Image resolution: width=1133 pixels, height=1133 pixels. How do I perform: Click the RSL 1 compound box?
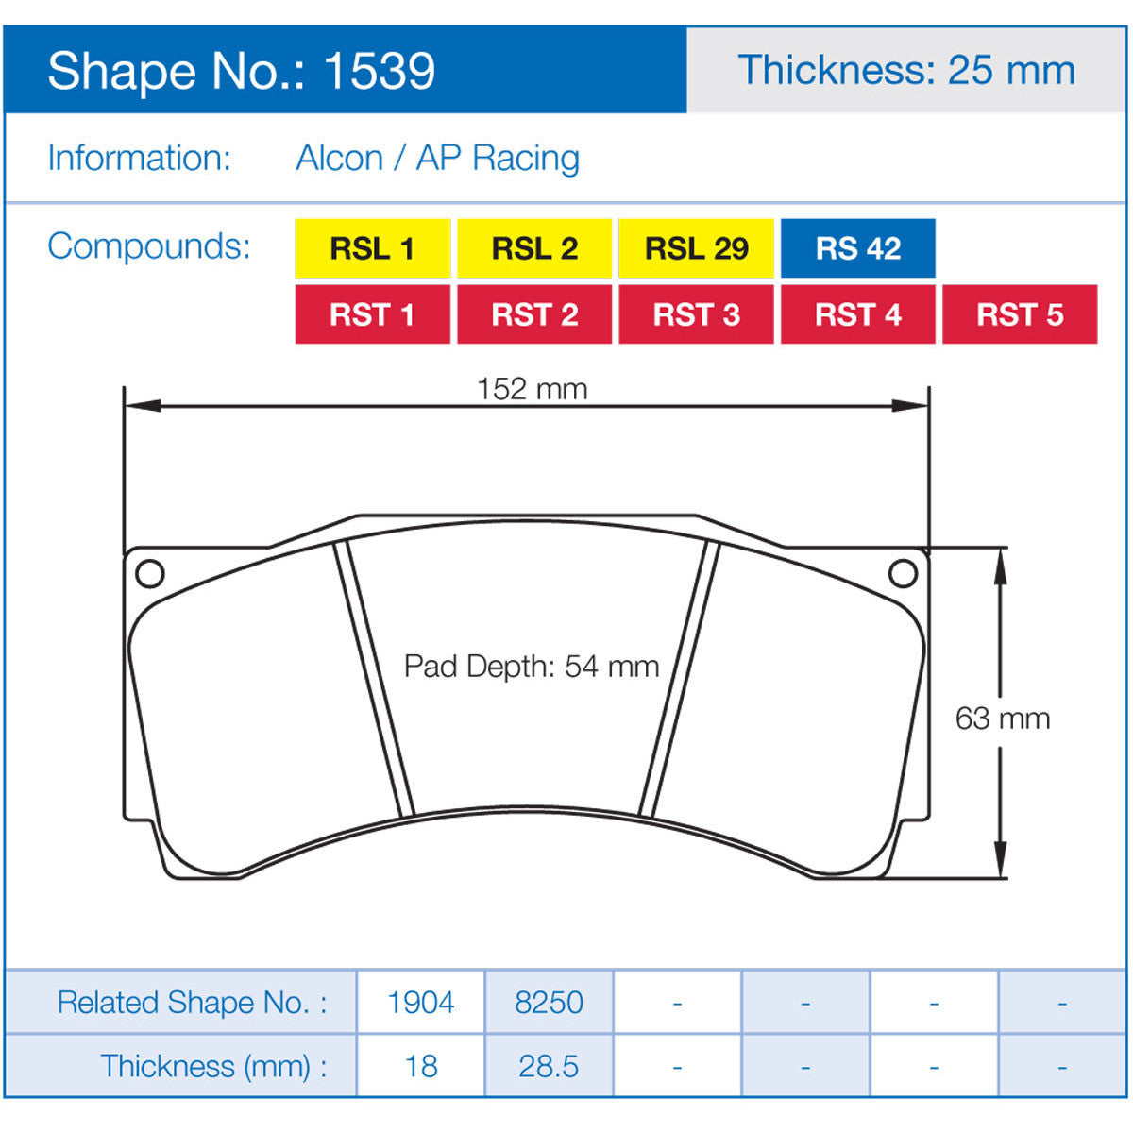(372, 248)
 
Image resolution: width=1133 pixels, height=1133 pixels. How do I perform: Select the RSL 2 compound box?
(534, 248)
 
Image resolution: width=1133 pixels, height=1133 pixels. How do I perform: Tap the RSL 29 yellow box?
(696, 248)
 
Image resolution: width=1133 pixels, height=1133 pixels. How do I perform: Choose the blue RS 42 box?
(857, 248)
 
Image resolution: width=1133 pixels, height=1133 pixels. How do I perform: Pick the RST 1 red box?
(372, 314)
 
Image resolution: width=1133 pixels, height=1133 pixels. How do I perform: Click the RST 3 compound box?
(696, 314)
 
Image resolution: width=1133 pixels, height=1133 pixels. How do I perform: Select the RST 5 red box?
(1020, 314)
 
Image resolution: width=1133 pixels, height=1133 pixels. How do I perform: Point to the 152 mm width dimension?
(532, 389)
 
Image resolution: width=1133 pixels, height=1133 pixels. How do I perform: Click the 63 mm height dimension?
(1002, 719)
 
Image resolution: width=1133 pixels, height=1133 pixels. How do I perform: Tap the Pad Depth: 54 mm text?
(532, 667)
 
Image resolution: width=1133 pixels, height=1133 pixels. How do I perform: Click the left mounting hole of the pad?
(150, 573)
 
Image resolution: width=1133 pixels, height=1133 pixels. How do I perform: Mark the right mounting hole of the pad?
(904, 573)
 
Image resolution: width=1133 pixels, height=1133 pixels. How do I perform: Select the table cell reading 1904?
(421, 1002)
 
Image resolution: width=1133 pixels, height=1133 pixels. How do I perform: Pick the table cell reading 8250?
(549, 1002)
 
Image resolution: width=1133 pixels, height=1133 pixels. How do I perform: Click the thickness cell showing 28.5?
(549, 1066)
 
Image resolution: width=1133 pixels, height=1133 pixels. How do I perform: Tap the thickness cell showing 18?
(421, 1066)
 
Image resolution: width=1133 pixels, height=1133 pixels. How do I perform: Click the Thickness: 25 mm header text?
(906, 71)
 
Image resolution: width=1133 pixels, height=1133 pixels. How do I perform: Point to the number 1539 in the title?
(379, 71)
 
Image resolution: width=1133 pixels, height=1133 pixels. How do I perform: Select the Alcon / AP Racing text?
(437, 158)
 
